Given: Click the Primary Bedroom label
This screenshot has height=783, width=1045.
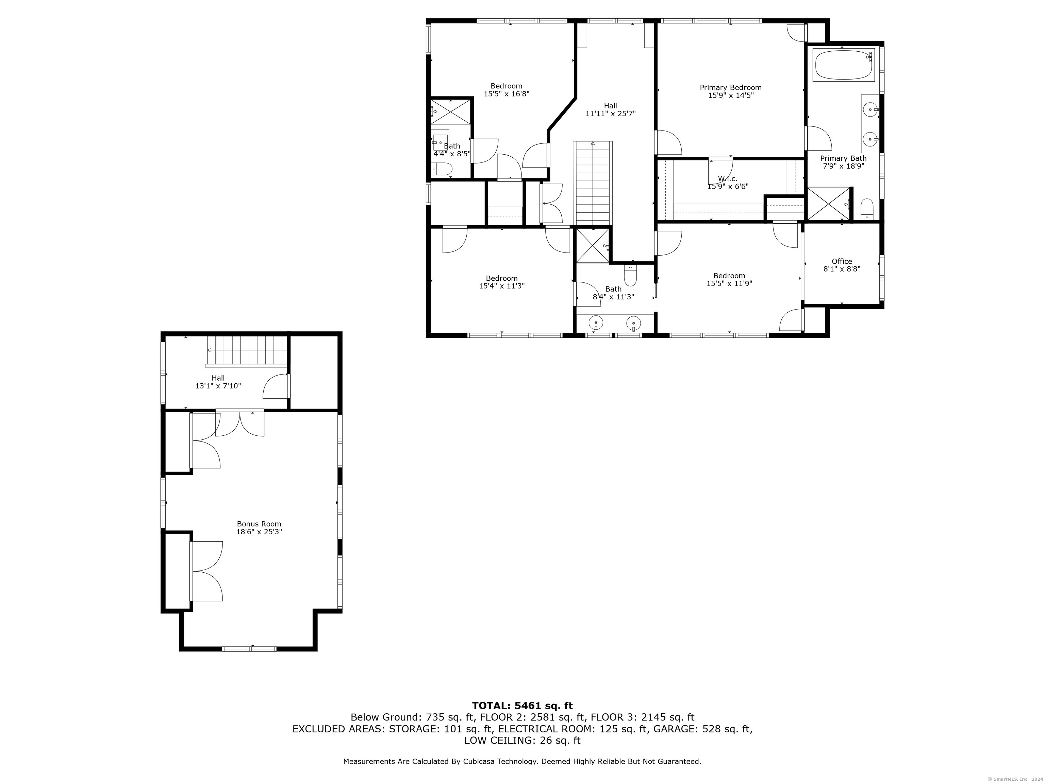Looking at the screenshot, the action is (730, 87).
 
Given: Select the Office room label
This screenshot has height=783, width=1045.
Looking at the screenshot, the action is (842, 261).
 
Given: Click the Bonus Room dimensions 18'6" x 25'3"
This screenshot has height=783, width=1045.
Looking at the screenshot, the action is (259, 532).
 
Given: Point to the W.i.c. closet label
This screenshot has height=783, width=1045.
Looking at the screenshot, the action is (728, 178).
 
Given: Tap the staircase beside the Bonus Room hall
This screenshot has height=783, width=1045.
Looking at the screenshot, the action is (247, 351).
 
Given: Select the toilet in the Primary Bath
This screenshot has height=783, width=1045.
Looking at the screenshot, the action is (867, 209).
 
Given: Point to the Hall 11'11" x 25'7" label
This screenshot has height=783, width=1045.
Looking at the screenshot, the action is (610, 109).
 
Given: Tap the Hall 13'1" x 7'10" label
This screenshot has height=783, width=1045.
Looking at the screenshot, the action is (218, 382).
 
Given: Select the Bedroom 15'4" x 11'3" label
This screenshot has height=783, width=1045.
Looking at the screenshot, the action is (502, 282).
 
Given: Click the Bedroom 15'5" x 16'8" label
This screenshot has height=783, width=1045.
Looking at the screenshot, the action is (507, 90).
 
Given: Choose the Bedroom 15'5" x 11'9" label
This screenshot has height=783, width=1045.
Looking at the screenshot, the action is (729, 279).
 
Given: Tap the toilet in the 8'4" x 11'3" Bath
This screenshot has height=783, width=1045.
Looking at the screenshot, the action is (631, 275).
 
